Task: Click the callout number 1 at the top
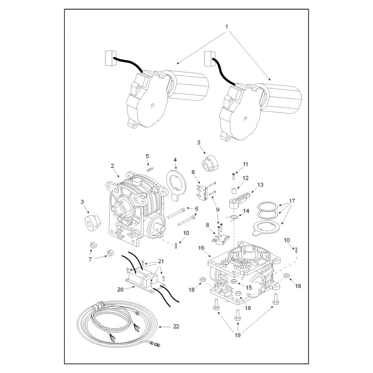(x=226, y=27)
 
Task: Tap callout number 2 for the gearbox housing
(x=112, y=166)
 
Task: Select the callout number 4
(x=175, y=160)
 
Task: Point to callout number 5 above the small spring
(x=147, y=156)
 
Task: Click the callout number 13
(x=261, y=185)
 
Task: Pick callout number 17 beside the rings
(x=292, y=201)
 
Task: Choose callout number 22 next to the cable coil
(x=176, y=327)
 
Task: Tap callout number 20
(x=121, y=290)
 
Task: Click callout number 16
(x=201, y=248)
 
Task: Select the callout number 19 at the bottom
(x=237, y=335)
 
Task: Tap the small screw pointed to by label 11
(x=233, y=176)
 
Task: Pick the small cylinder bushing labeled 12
(x=234, y=191)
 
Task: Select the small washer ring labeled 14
(x=234, y=217)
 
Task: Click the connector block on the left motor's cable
(x=110, y=58)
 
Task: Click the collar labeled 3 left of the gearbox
(x=92, y=223)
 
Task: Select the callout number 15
(x=249, y=288)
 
